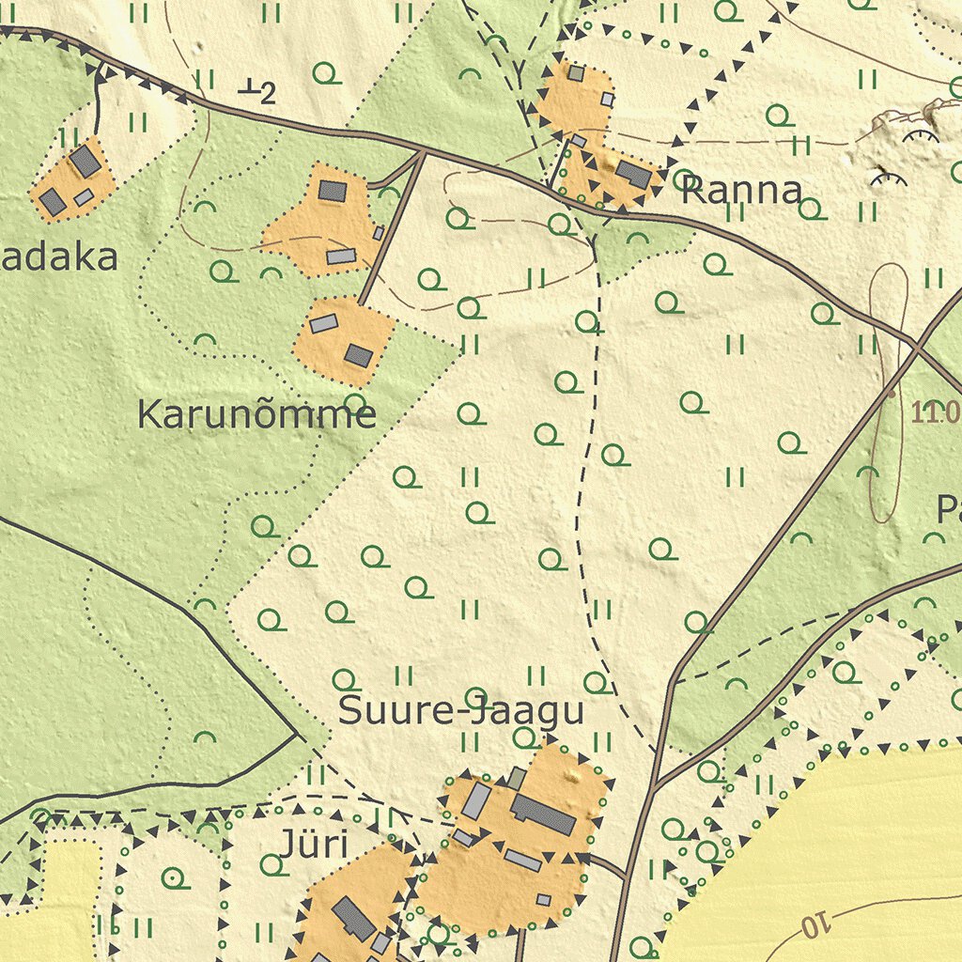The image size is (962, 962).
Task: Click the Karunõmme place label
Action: pos(256,414)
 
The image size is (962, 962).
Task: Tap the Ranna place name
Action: pos(741,191)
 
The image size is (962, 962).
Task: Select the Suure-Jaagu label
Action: pos(460,711)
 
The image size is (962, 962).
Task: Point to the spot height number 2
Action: pos(268,93)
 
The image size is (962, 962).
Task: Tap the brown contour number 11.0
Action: pos(934,411)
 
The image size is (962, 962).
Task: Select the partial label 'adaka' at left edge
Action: pos(58,258)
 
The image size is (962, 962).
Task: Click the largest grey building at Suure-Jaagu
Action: pos(543,815)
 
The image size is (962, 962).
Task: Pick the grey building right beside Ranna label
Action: pos(632,174)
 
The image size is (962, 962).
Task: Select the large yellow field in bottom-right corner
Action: pos(846,846)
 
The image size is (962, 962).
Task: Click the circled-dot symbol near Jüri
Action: pos(173,878)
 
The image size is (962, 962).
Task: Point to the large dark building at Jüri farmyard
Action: pos(354,918)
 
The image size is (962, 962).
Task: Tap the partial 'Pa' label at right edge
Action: pos(949,510)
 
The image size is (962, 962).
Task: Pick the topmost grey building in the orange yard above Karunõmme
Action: pos(332,191)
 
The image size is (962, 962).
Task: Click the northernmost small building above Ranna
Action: pos(575,73)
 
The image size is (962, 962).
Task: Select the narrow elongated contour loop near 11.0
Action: pos(887,395)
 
